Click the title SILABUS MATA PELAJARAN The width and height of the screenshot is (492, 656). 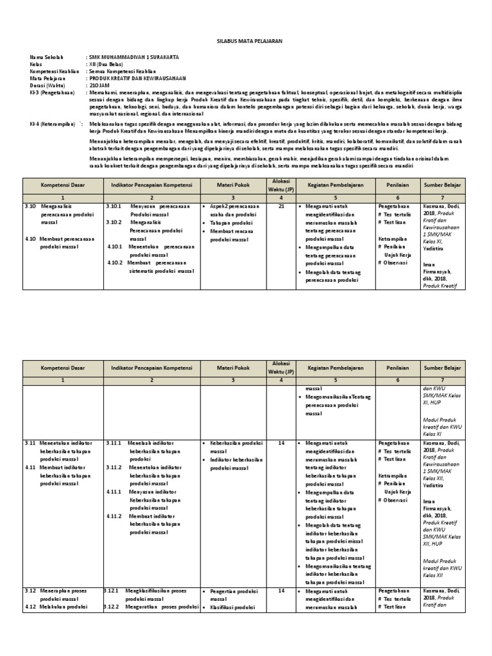click(245, 40)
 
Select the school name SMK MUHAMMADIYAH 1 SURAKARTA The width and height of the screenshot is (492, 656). click(134, 58)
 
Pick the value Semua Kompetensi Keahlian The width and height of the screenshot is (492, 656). click(122, 71)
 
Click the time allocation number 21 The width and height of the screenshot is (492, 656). click(281, 207)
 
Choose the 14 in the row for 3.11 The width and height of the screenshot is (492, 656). click(281, 443)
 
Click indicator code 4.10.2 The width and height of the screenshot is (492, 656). click(115, 262)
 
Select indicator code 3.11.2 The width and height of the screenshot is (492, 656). click(113, 467)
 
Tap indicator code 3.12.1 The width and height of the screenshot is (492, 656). click(113, 589)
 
